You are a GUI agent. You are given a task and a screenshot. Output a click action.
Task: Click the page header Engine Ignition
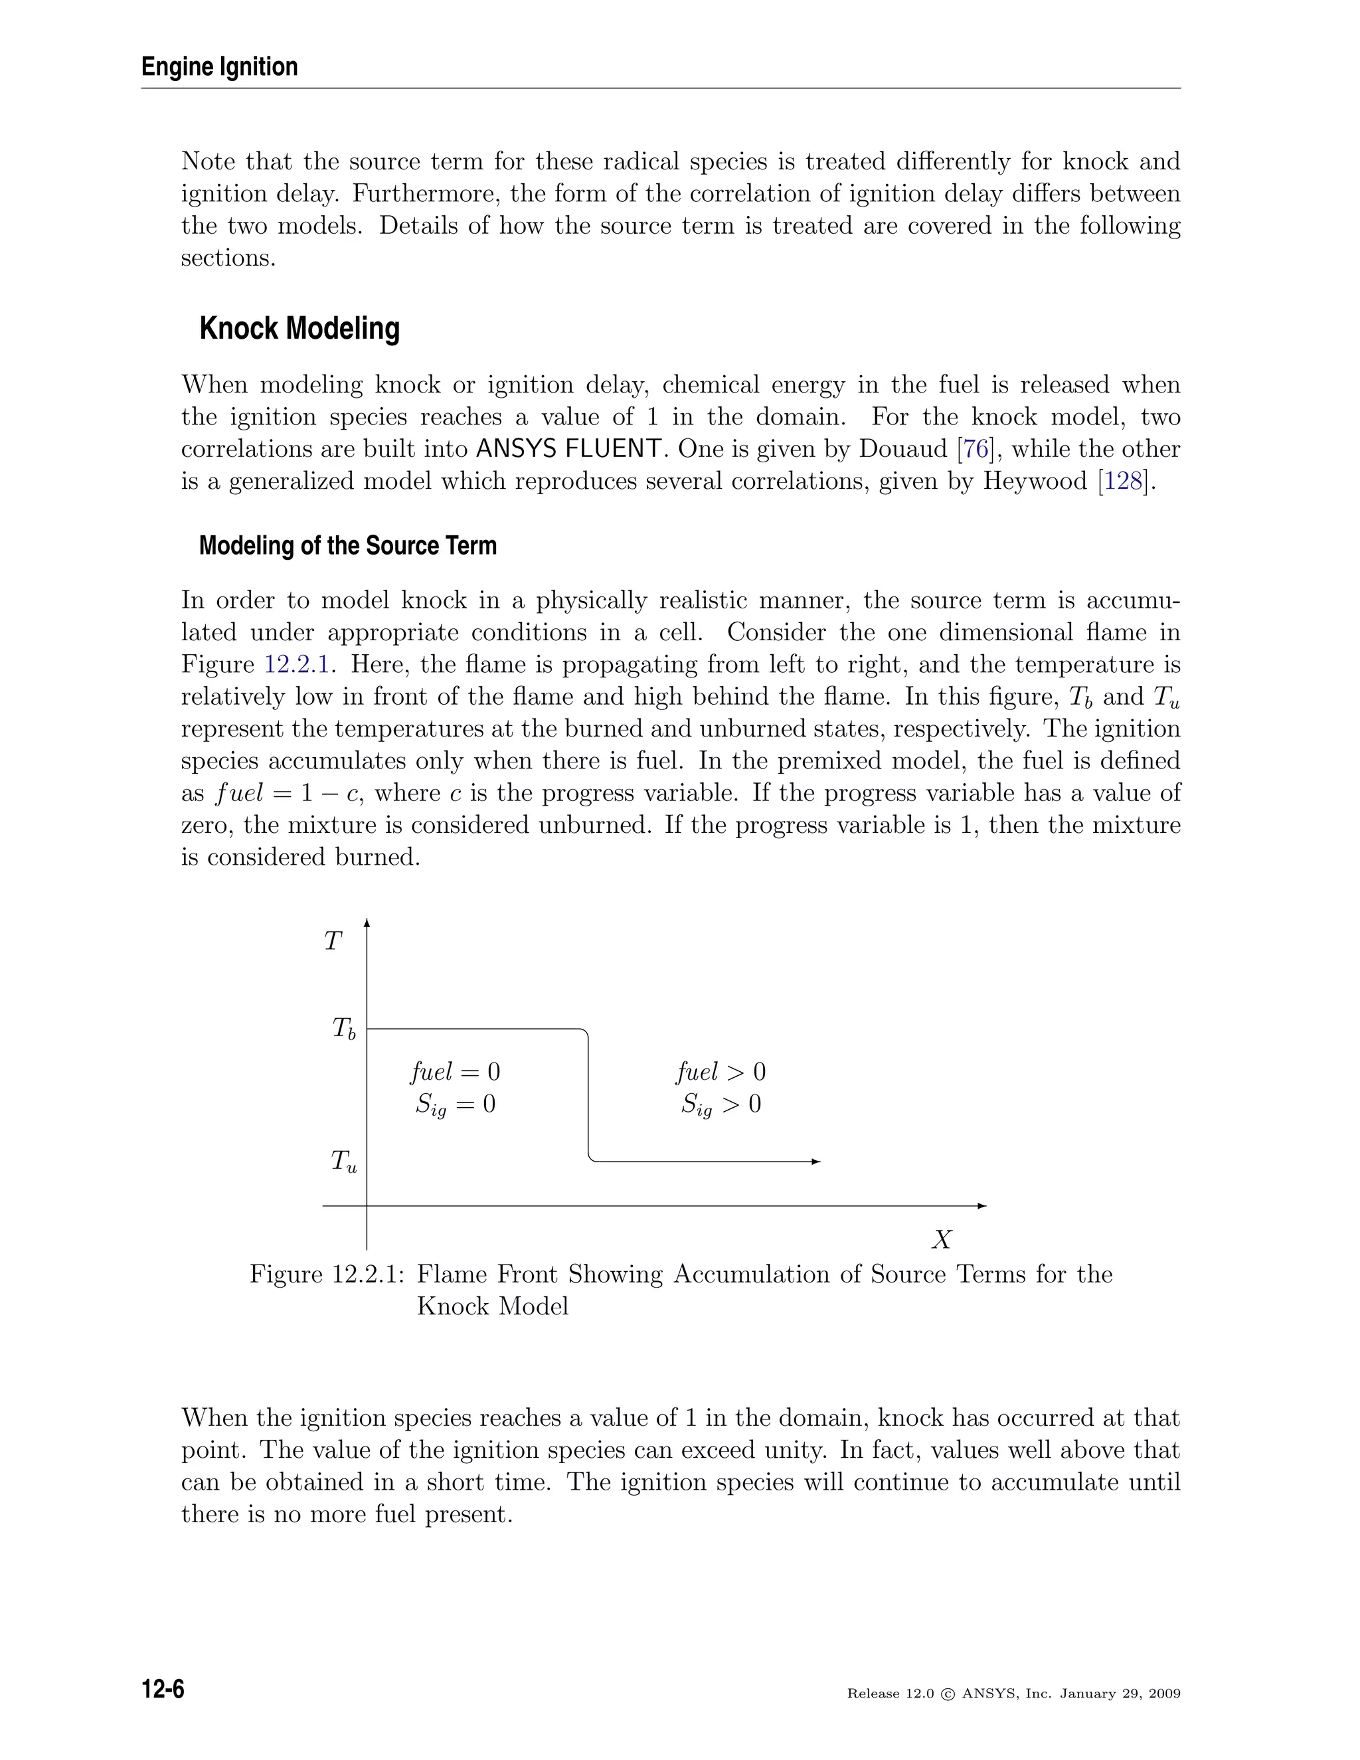(x=219, y=67)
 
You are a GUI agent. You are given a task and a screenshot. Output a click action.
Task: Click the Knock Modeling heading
(x=299, y=329)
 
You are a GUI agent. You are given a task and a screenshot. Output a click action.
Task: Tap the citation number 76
(x=976, y=449)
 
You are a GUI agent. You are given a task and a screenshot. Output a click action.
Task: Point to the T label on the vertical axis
(x=333, y=941)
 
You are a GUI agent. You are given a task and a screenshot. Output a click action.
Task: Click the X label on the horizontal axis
(x=941, y=1239)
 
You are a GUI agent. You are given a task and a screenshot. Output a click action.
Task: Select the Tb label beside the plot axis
(x=343, y=1029)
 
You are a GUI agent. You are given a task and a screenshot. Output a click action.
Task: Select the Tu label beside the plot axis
(x=343, y=1161)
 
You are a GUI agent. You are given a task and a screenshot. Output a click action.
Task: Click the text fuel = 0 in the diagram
(x=455, y=1072)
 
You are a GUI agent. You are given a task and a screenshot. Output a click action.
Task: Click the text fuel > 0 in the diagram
(x=721, y=1072)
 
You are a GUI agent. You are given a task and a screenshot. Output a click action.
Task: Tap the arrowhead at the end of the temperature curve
(x=815, y=1161)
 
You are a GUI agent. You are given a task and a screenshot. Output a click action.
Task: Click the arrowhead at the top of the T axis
(x=367, y=924)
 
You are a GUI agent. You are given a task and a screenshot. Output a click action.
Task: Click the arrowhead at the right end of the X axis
(x=981, y=1205)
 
